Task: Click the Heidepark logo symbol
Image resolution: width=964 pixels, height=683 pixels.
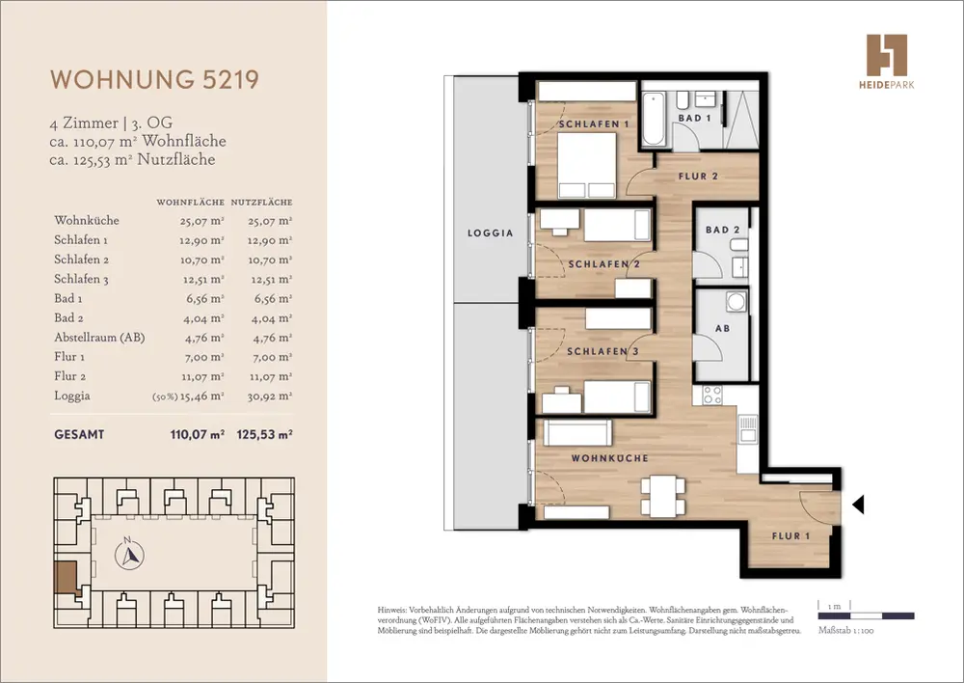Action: (x=887, y=55)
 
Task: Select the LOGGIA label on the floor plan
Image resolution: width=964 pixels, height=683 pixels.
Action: (x=490, y=233)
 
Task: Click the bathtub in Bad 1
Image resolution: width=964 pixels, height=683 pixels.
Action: (x=653, y=119)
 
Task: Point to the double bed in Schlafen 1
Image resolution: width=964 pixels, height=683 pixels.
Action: (x=587, y=165)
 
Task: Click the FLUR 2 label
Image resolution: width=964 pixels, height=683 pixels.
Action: (x=698, y=176)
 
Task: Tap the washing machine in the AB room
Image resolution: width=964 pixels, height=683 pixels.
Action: (x=736, y=301)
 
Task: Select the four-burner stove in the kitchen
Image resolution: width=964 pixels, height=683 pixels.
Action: (x=712, y=395)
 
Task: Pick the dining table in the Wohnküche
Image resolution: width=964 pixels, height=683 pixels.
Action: (x=663, y=496)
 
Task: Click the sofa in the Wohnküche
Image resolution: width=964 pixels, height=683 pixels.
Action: (x=577, y=432)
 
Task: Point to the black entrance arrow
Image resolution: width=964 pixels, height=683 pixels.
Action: (x=858, y=505)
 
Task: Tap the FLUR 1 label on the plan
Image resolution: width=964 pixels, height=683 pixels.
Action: (x=790, y=536)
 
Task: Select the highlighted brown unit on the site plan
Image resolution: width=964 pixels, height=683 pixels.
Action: (x=67, y=577)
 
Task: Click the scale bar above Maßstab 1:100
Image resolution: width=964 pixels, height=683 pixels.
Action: (x=866, y=615)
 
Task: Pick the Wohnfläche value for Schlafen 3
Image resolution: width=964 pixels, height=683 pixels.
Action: (x=202, y=280)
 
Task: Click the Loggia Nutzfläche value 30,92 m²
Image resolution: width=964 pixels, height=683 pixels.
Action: (x=270, y=396)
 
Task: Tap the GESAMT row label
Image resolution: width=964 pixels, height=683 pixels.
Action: (x=79, y=434)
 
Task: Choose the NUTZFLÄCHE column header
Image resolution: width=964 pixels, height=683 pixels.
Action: (x=262, y=202)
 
